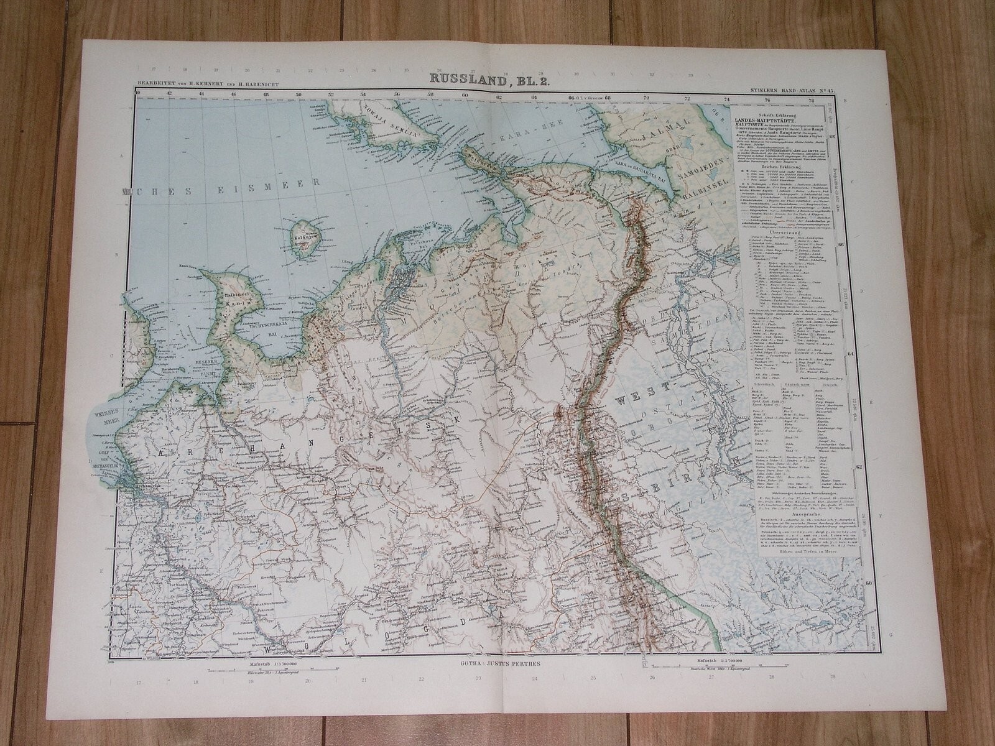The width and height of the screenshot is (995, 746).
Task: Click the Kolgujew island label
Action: (x=304, y=237)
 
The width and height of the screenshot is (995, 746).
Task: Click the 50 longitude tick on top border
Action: (x=298, y=95)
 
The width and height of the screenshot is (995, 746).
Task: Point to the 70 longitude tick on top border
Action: (x=646, y=96)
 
